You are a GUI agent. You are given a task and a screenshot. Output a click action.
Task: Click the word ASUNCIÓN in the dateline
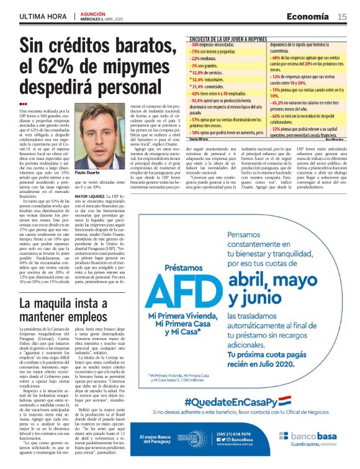94,13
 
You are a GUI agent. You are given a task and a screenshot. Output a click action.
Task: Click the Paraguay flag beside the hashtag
285,400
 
